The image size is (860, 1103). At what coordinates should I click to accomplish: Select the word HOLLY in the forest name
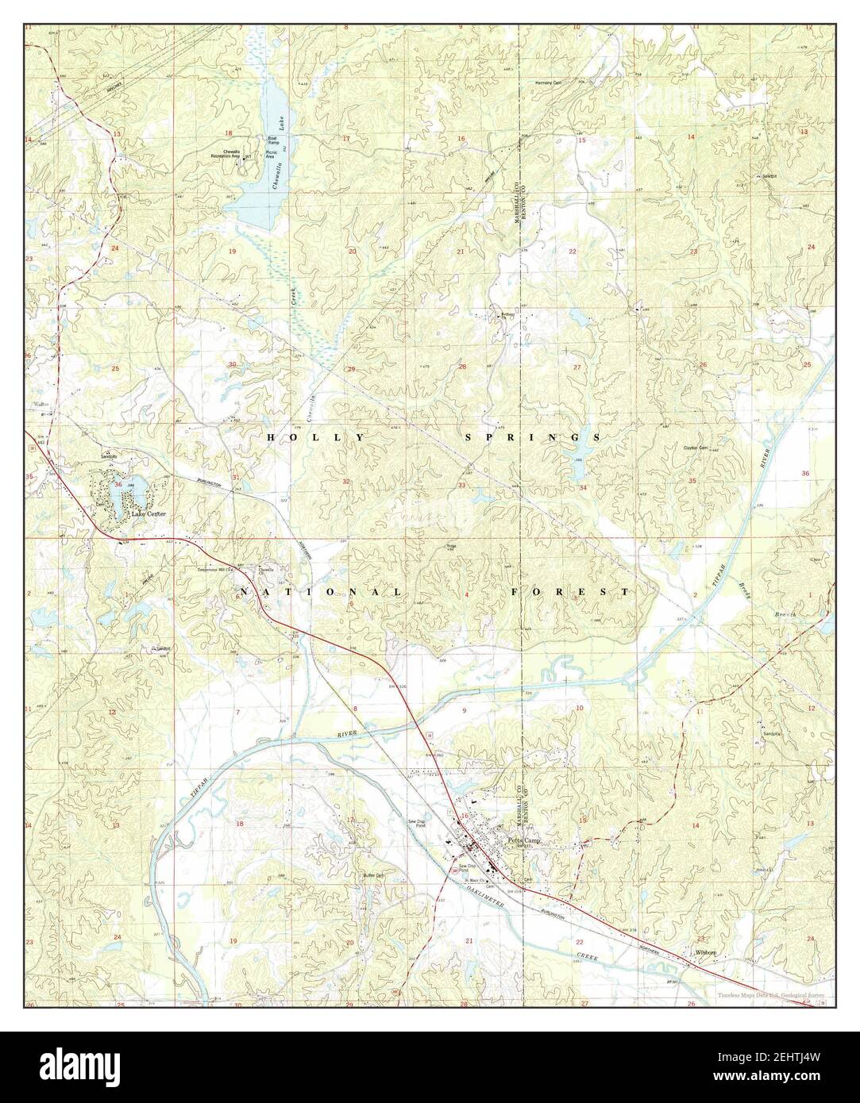316,437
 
